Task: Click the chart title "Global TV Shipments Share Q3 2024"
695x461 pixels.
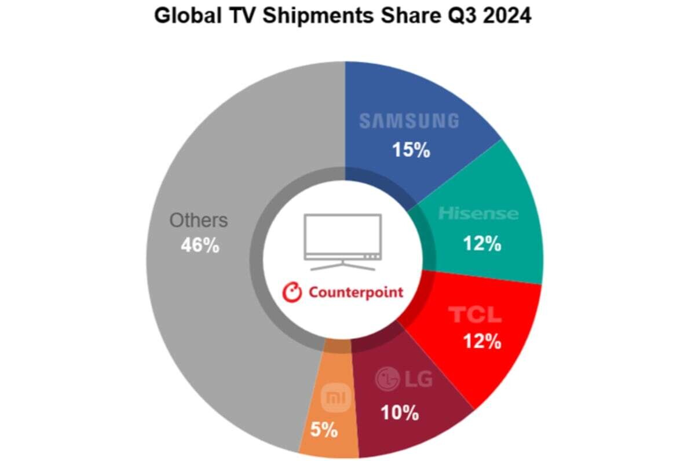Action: (x=342, y=16)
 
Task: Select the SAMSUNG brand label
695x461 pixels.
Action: (x=409, y=121)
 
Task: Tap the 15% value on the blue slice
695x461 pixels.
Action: (x=411, y=151)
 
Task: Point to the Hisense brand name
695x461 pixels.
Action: (x=478, y=214)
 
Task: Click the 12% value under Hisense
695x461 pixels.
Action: (x=481, y=244)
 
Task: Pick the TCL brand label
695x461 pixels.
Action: (x=475, y=314)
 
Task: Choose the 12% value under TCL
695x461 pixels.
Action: (x=481, y=342)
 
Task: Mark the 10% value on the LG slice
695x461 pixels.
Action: (x=399, y=412)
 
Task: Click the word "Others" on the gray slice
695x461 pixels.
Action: (x=199, y=221)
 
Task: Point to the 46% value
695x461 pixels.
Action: (x=200, y=246)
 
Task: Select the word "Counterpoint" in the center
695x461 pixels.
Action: (x=356, y=292)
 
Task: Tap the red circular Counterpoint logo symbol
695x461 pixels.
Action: (x=292, y=292)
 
